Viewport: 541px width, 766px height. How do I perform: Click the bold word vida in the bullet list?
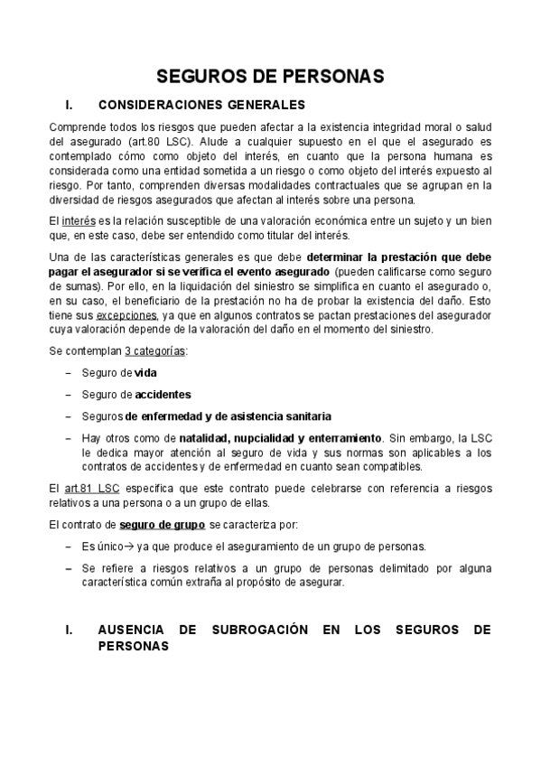[145, 373]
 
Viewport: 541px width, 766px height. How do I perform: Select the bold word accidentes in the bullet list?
[163, 395]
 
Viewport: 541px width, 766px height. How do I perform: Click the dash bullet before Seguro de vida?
[70, 373]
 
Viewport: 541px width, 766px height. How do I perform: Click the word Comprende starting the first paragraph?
[79, 127]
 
